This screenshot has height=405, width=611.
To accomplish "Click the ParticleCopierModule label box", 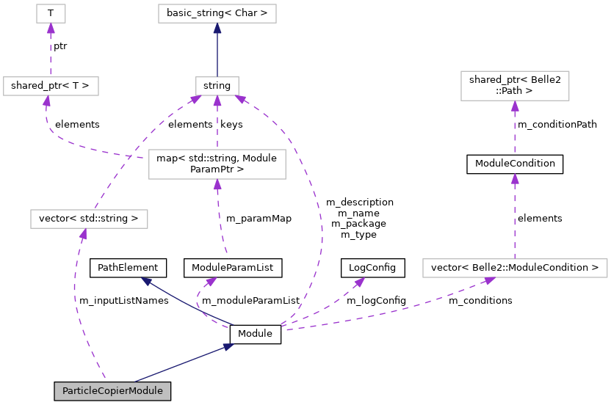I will coord(112,391).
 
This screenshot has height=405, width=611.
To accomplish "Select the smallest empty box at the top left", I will coord(51,13).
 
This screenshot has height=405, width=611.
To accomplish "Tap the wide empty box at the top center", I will coord(217,13).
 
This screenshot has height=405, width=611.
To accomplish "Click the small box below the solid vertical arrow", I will coord(217,86).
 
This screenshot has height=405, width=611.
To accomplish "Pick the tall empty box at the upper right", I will coord(514,86).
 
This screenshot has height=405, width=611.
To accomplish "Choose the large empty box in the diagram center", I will coord(217,164).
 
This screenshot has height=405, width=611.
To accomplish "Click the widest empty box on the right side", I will coord(514,268).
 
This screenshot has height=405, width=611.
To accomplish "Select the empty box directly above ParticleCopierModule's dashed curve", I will coord(89,219).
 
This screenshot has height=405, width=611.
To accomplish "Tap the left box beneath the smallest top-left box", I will coord(51,86).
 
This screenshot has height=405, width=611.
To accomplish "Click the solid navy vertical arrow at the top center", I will coord(217,51).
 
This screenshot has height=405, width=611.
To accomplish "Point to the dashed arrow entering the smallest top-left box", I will coord(51,51).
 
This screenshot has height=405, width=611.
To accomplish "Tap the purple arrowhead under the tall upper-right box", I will coord(515,106).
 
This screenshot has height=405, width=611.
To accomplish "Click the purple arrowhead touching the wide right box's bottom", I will coord(489,280).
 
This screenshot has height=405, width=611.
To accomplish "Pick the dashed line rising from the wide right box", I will coord(514,220).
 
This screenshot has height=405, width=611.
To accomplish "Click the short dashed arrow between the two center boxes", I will coord(217,125).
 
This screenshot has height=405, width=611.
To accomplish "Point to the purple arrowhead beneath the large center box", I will coord(217,185).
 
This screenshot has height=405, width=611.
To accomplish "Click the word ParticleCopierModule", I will coord(112,391).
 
